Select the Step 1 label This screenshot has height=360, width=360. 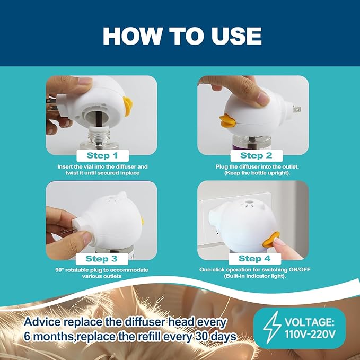pos(102,156)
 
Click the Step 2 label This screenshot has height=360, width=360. pos(256,156)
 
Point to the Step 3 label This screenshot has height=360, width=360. pos(102,259)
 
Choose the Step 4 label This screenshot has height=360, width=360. pos(254,259)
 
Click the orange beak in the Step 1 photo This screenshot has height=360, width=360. pos(128,106)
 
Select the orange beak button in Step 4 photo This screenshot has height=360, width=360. pos(271,240)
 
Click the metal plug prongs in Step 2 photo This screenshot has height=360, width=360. pos(296,109)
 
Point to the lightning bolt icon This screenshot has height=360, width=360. pos(272,327)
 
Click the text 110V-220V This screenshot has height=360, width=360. pos(310,334)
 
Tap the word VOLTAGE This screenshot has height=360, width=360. pos(310,322)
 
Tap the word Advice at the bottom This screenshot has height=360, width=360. pos(42,322)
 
